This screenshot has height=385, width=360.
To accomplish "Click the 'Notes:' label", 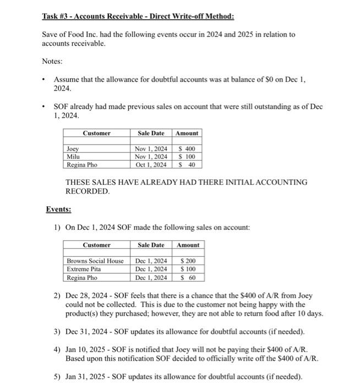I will tap(53, 63).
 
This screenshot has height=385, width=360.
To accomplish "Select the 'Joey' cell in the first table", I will tap(73, 149).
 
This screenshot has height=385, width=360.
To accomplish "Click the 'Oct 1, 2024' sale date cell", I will tap(150, 164).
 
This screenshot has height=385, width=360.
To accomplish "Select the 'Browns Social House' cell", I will tap(95, 261).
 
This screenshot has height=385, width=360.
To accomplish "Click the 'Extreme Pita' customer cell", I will tap(84, 269).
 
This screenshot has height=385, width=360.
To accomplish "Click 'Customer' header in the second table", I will tap(97, 245).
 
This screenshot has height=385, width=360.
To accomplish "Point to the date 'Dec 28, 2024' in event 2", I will tap(88, 295).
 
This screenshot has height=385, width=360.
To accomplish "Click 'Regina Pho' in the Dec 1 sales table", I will tap(82, 277).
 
